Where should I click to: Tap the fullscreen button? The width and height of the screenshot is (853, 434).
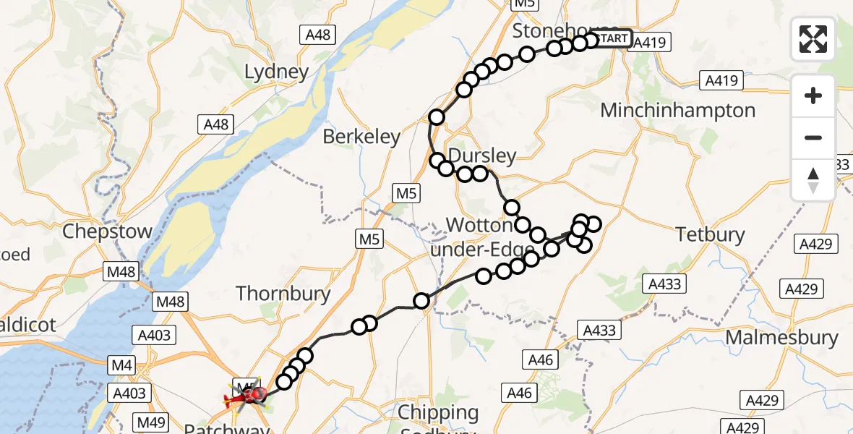(813, 38)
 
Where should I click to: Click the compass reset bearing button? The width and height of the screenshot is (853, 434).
(813, 180)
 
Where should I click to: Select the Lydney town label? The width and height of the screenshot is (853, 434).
(277, 72)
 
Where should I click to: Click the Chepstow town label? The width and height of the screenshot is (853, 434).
(108, 232)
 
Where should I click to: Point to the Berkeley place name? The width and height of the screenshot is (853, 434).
(361, 137)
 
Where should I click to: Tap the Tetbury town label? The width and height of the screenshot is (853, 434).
(711, 234)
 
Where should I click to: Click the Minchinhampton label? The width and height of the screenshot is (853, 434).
(678, 111)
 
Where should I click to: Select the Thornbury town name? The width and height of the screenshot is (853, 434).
(283, 294)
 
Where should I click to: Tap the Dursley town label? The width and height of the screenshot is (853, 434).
(483, 156)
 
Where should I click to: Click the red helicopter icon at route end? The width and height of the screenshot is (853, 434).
(246, 396)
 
